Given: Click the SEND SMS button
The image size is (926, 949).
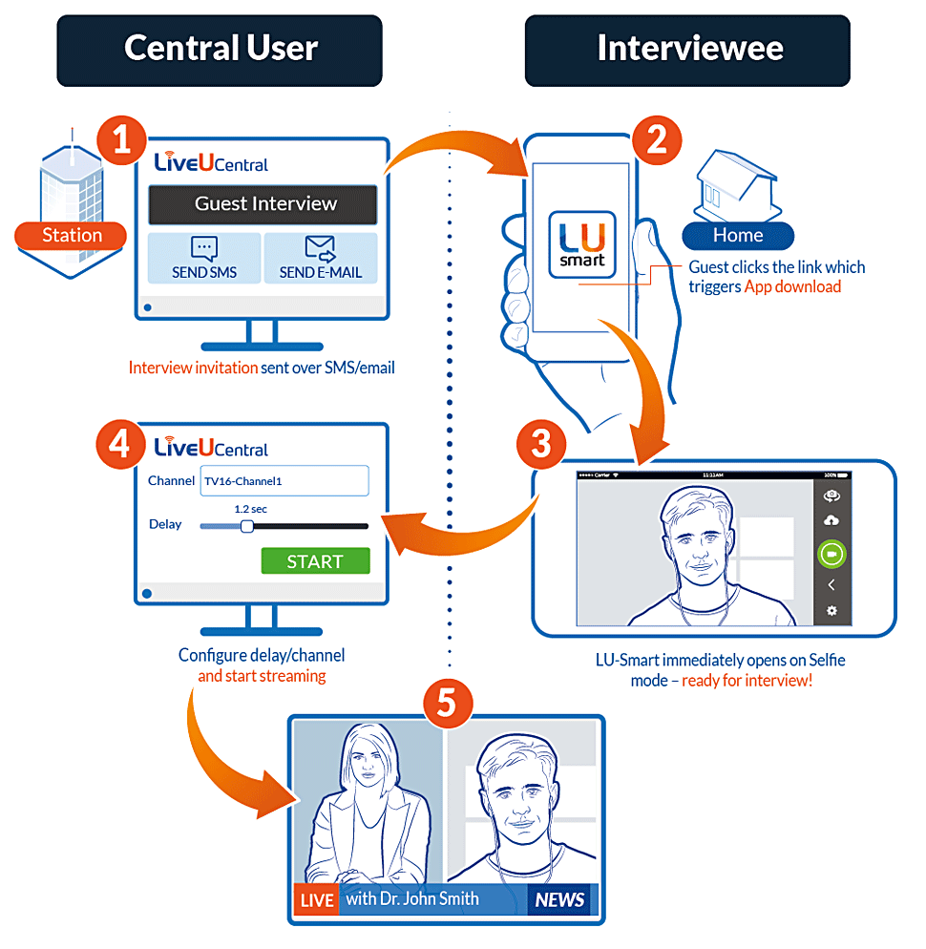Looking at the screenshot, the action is tap(204, 259).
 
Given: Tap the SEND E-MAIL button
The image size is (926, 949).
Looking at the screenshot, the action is tap(321, 259).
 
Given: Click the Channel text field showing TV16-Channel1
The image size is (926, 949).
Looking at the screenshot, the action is tap(284, 480).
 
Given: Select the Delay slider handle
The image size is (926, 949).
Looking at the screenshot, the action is tap(247, 526).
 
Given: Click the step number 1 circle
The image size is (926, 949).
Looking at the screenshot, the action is tap(121, 140).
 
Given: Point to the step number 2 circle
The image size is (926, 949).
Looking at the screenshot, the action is tap(658, 140).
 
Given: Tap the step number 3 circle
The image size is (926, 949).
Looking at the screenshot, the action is tap(541, 444).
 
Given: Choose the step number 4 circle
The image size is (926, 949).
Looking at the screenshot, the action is tap(120, 444).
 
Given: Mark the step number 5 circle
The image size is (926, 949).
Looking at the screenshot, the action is tap(448, 704).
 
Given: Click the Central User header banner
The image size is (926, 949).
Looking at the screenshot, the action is tap(220, 51).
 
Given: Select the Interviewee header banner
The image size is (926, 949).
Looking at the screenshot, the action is tap(687, 51).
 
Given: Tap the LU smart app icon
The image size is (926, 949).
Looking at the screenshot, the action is tap(582, 244).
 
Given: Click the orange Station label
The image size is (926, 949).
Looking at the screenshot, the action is tap(71, 236).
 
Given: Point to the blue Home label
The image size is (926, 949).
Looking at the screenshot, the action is tap(738, 236).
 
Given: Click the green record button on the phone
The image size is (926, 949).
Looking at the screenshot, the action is tap(831, 554).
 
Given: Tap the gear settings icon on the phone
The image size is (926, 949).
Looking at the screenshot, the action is tap(831, 611).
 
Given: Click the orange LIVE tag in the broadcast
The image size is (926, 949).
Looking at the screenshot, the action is tap(317, 899).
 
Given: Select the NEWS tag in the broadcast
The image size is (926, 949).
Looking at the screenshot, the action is tap(560, 899).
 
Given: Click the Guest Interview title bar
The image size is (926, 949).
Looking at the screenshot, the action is tap(263, 204).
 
